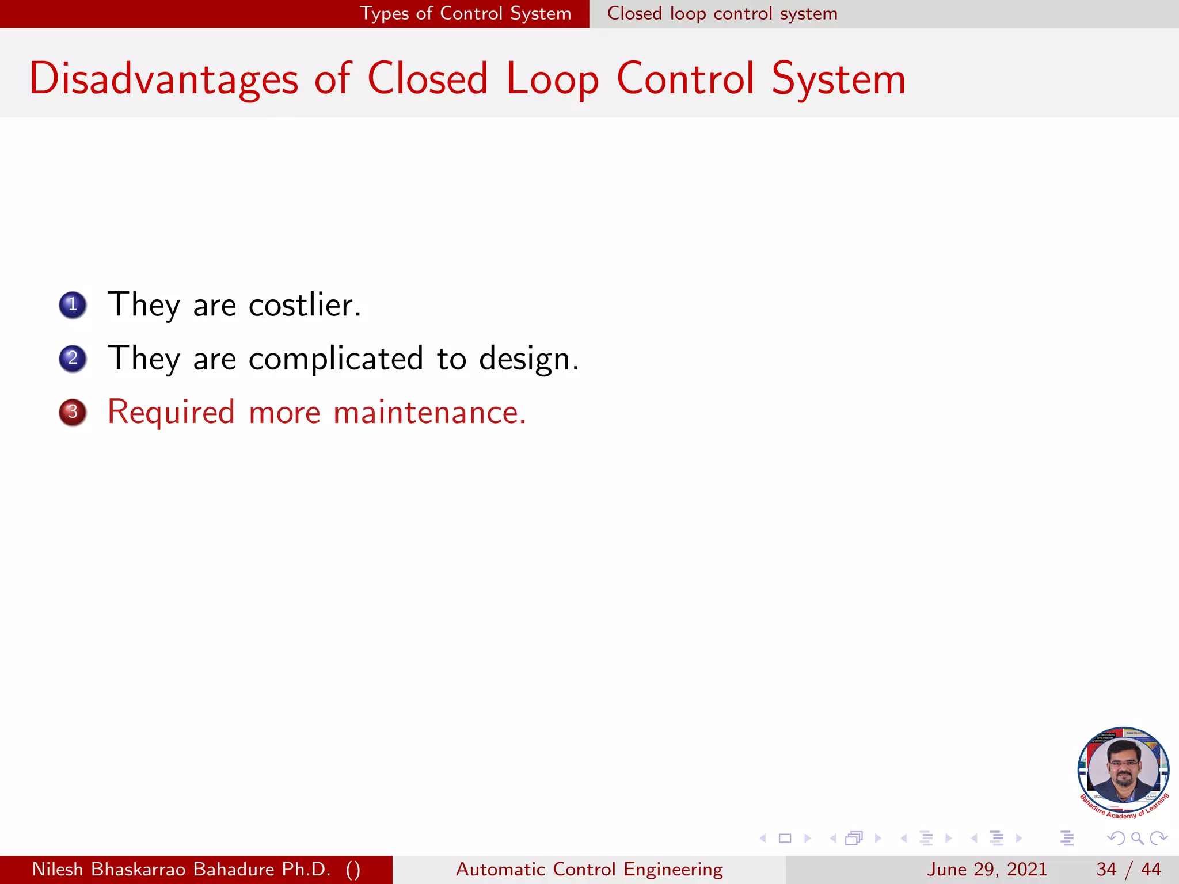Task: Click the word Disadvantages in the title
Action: click(x=163, y=79)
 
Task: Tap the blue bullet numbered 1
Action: click(x=73, y=304)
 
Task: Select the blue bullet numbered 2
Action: click(x=73, y=359)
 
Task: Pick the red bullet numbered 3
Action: click(x=73, y=412)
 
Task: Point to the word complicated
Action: click(x=336, y=359)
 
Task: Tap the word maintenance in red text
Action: click(x=429, y=413)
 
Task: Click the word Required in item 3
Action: click(x=171, y=413)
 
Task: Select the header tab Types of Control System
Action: click(x=465, y=13)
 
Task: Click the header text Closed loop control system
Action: click(x=722, y=13)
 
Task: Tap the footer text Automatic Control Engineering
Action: click(x=589, y=869)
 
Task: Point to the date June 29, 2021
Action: click(x=986, y=869)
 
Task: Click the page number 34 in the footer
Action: click(x=1106, y=869)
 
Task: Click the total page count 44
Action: click(x=1151, y=869)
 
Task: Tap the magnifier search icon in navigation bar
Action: click(x=1137, y=838)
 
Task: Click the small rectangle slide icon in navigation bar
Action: click(x=785, y=838)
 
